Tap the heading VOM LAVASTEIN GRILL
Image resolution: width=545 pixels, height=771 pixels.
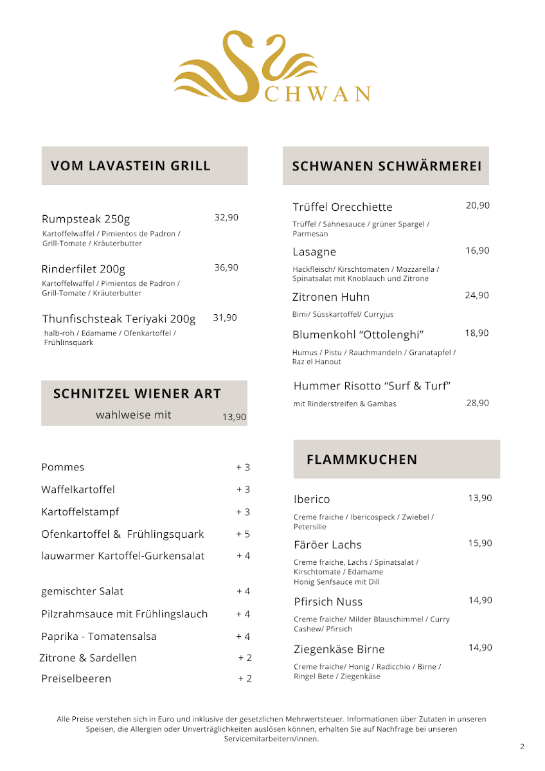click(130, 166)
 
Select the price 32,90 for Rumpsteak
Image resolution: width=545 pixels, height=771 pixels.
click(226, 218)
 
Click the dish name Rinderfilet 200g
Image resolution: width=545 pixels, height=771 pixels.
click(84, 269)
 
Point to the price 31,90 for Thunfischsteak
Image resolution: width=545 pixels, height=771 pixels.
click(225, 317)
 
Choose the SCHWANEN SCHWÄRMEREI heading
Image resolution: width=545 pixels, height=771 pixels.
click(386, 166)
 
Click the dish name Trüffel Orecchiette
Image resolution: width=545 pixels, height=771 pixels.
click(342, 207)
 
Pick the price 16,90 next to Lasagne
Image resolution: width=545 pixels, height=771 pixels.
click(478, 251)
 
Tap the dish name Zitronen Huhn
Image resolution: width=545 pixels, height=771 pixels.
click(331, 297)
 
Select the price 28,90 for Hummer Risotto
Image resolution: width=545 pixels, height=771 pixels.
click(478, 403)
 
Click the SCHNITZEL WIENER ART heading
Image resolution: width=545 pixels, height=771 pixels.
click(137, 393)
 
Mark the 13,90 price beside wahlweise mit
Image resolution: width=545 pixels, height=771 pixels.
click(234, 417)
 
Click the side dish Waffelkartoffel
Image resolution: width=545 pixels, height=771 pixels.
click(78, 490)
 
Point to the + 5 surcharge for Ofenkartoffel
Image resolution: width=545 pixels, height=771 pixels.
click(243, 534)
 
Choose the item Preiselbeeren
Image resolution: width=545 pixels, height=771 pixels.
click(76, 678)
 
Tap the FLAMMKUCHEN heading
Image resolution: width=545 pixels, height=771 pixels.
click(362, 459)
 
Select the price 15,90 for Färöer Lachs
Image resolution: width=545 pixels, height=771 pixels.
click(480, 544)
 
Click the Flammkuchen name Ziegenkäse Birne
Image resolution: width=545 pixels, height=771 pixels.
click(339, 649)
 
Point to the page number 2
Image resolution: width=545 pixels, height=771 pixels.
click(522, 747)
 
